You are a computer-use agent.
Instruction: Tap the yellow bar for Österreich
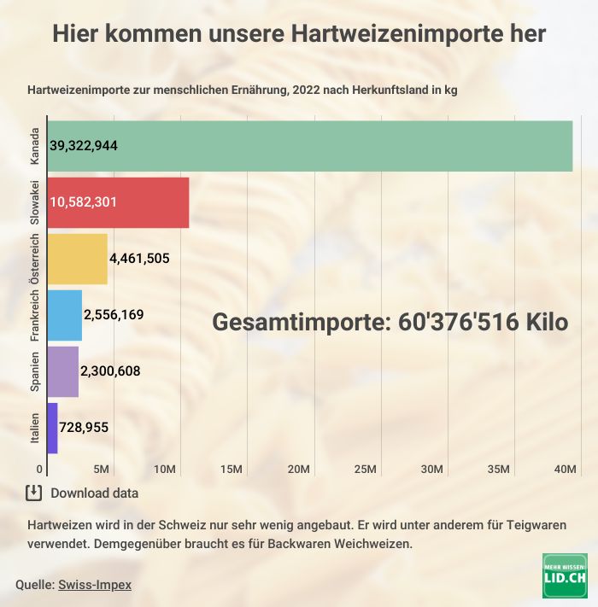77,259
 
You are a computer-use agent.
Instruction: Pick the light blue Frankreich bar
65,315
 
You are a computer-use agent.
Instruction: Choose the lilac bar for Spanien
63,371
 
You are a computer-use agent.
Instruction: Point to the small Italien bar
53,428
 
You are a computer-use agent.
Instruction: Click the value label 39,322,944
84,146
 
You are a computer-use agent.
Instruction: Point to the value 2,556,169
114,315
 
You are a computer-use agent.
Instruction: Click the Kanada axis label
35,146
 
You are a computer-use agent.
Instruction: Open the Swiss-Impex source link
95,585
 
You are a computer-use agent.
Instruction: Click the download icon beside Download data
34,493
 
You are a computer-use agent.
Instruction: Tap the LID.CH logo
565,575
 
